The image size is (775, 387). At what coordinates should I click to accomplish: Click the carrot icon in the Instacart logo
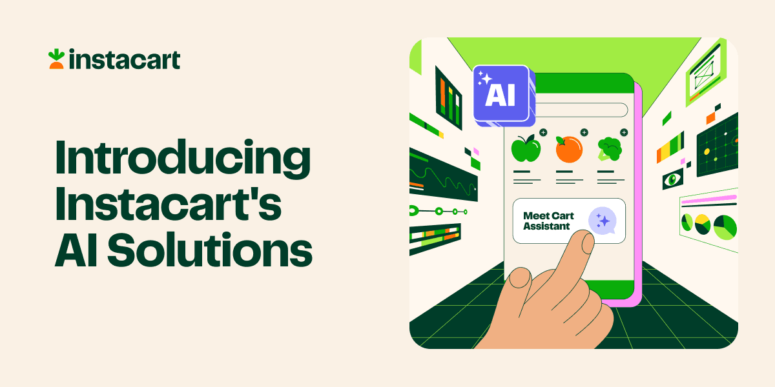[56, 59]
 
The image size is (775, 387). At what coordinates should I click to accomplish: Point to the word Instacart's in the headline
[169, 205]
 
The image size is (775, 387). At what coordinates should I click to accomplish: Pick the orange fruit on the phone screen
[568, 149]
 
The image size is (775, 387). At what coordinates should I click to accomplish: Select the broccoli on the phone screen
[608, 148]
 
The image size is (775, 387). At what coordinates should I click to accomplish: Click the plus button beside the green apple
[543, 132]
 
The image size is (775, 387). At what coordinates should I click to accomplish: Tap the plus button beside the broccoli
[623, 132]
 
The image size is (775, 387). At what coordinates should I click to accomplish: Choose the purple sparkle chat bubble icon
[603, 221]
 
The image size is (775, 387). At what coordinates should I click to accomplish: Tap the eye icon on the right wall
[672, 179]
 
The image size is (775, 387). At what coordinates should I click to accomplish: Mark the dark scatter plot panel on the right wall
[717, 146]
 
